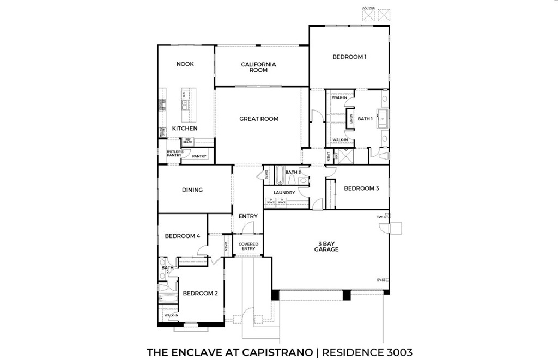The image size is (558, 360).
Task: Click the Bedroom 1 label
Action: click(349, 57)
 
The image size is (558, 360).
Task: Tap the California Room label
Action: click(258, 67)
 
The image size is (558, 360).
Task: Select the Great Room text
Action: click(259, 119)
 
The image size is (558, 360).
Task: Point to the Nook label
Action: click(185, 64)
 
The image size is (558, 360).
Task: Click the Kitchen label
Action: click(185, 129)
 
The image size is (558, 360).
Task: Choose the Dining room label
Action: click(192, 190)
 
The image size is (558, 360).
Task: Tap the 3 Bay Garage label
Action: click(326, 246)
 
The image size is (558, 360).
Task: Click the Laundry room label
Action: click(284, 193)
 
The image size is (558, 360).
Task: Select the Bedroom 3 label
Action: click(361, 188)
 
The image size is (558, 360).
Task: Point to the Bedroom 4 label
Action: click(183, 236)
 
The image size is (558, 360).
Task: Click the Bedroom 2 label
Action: click(200, 293)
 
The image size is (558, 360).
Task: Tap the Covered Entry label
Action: click(248, 246)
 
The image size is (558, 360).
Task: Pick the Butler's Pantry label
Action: click(174, 154)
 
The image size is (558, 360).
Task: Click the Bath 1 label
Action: click(365, 119)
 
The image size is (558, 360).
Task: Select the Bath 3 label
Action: click(293, 172)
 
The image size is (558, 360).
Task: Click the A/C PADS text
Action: click(369, 8)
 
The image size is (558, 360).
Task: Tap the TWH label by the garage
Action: click(380, 217)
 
